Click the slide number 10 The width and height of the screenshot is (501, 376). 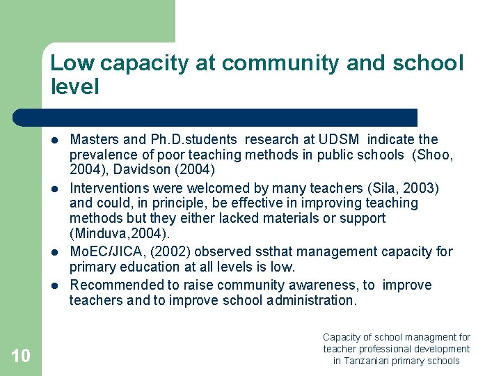(21, 357)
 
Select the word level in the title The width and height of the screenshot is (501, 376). (75, 87)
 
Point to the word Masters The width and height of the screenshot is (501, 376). (95, 139)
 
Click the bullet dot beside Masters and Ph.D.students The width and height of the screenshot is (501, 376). (55, 140)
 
